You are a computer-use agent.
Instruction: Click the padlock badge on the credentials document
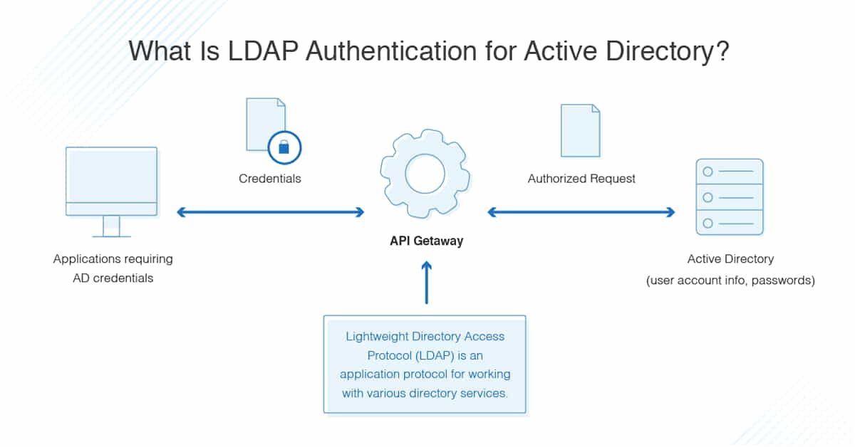point(284,147)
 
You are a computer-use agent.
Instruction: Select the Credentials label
point(269,179)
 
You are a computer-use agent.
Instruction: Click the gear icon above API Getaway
point(425,174)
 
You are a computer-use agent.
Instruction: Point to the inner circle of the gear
point(425,174)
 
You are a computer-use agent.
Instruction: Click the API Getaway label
point(426,241)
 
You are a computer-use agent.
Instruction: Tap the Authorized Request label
point(581,179)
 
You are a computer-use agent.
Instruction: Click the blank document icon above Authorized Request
point(580,130)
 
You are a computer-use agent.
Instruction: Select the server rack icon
point(729,197)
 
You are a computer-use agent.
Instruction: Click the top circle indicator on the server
point(708,172)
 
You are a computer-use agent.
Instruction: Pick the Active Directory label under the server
point(730,259)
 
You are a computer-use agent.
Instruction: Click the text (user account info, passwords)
point(730,280)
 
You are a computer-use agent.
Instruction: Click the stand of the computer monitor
point(111,226)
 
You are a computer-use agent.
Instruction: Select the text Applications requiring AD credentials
point(113,268)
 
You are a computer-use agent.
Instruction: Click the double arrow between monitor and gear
point(270,211)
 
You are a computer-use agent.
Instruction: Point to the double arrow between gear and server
point(581,211)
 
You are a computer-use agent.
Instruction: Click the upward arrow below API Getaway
point(426,283)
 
